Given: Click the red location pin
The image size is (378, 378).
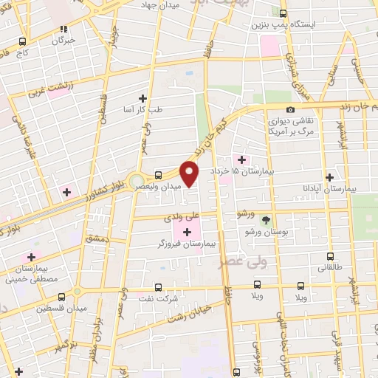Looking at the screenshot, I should click(190, 173).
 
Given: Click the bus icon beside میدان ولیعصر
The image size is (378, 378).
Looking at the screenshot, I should click(159, 175).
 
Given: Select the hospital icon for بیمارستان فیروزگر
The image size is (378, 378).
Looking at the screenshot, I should click(187, 232).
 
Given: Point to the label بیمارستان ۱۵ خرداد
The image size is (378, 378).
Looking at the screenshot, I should click(236, 171).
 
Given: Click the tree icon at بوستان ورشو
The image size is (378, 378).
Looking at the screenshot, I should click(266, 219).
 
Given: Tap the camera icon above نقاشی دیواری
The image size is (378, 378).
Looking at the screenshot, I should click(291, 109).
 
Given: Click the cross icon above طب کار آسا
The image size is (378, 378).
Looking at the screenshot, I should click(143, 97).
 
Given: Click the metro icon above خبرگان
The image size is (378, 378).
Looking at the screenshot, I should click(63, 29).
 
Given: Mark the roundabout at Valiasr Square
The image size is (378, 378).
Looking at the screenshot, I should click(136, 182).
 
